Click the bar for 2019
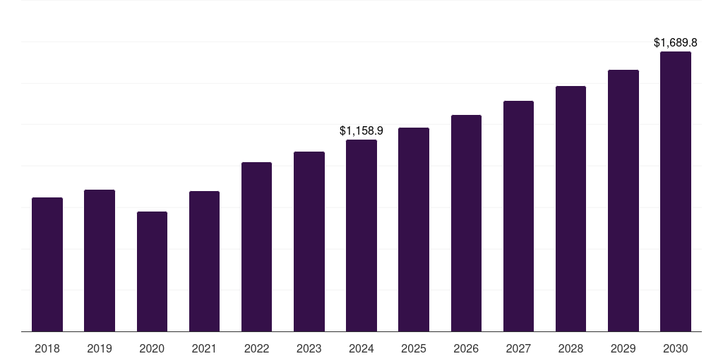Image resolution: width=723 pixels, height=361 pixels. coord(100,261)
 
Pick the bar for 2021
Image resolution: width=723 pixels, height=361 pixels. coord(204,262)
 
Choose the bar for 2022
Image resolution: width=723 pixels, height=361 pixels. coord(256,247)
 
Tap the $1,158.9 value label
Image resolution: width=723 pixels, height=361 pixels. coord(361,131)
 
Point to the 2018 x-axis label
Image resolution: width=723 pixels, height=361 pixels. coord(47,348)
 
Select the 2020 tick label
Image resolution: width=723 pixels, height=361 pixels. coord(152,348)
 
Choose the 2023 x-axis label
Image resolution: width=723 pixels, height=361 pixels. coord(309,348)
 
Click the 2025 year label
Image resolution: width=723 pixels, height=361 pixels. coord(414,348)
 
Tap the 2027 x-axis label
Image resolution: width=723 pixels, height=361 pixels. coord(518,348)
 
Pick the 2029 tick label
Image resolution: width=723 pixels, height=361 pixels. coord(623,348)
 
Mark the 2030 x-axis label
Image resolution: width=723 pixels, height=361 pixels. coord(676,348)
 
